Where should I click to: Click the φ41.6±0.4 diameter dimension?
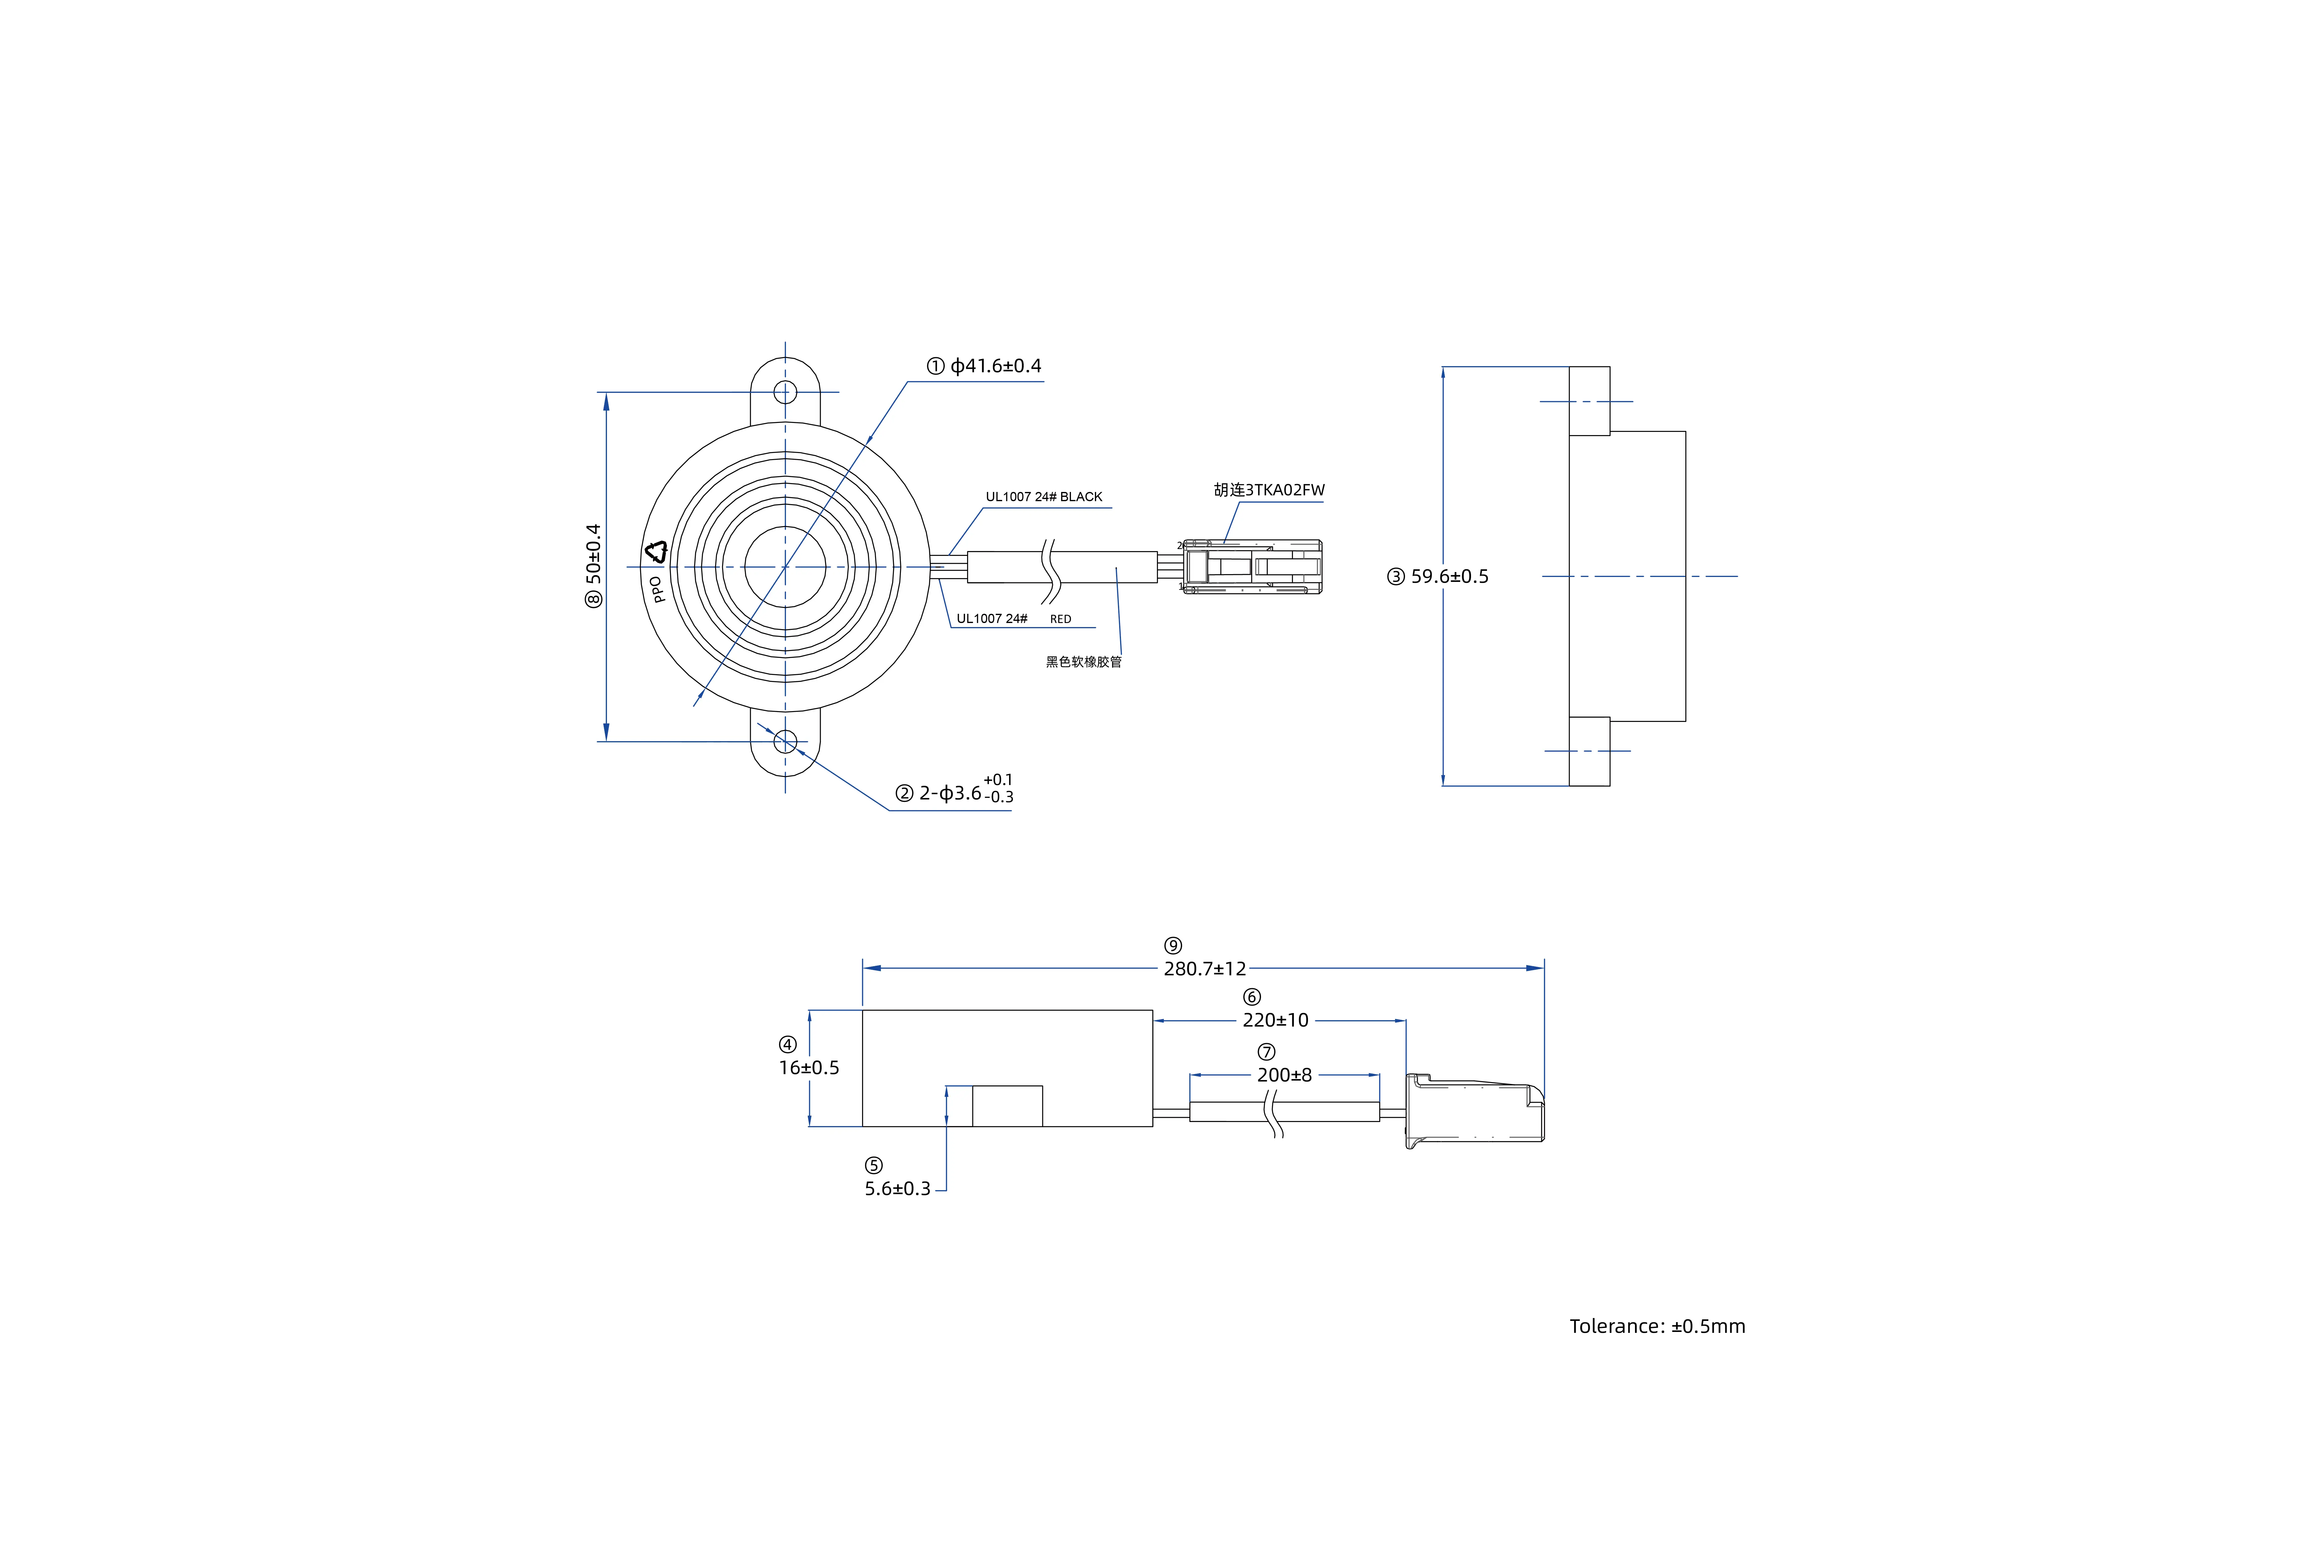995,366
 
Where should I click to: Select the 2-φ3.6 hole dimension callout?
965,793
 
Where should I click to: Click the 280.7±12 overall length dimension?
1204,969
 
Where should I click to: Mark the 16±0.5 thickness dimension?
809,1067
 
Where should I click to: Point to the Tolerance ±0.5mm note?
1657,1326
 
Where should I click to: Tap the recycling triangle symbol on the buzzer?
656,552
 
